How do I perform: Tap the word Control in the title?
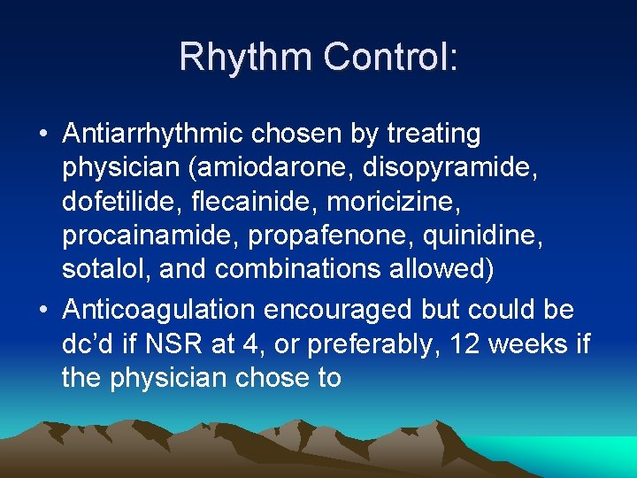(388, 57)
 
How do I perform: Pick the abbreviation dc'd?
(88, 343)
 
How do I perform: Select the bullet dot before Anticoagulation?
(42, 311)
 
